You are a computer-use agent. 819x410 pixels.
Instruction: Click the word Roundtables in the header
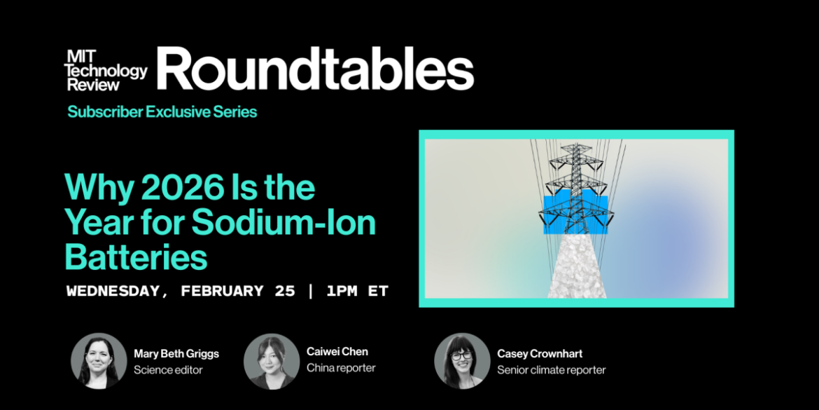click(x=315, y=69)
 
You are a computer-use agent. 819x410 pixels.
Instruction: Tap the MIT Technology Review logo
click(x=106, y=70)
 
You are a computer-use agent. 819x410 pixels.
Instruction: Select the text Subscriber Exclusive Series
click(x=162, y=111)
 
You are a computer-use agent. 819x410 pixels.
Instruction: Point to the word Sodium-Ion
click(x=283, y=223)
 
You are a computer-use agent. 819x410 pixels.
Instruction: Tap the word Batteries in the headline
click(x=136, y=257)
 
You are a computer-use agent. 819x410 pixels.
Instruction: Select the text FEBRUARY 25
click(x=238, y=291)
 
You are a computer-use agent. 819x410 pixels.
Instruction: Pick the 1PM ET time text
click(x=357, y=291)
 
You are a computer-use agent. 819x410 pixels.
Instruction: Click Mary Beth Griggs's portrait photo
click(x=99, y=361)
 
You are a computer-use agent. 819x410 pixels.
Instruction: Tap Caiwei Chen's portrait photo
click(x=272, y=361)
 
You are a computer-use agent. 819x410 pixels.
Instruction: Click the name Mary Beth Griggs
click(x=176, y=354)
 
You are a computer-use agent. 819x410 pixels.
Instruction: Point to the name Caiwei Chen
click(x=337, y=352)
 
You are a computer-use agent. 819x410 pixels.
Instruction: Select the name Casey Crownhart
click(x=540, y=354)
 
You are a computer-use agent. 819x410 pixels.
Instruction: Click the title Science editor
click(x=168, y=370)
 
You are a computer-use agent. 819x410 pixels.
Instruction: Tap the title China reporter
click(x=341, y=368)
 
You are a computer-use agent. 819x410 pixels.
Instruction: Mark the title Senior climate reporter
click(x=552, y=370)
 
